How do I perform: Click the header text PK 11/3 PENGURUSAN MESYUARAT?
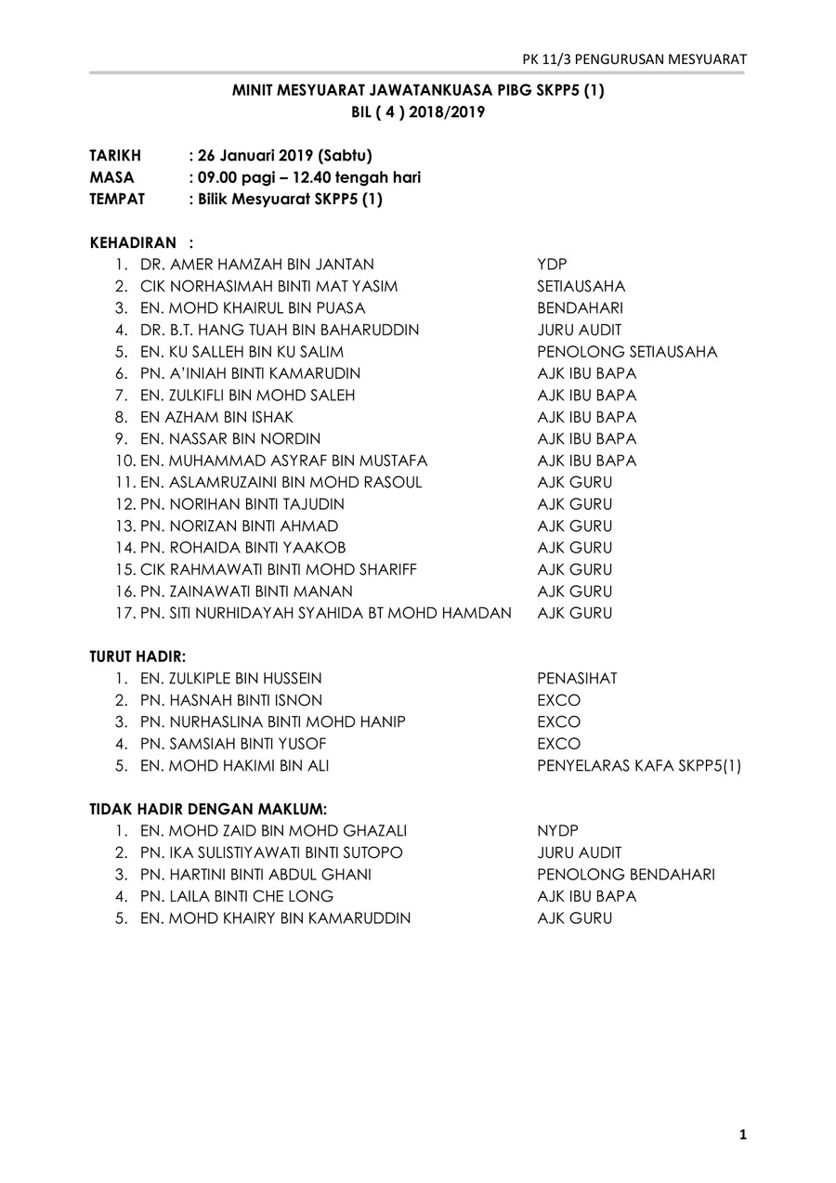[634, 59]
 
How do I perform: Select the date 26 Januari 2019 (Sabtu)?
[285, 155]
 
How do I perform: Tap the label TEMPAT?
[117, 199]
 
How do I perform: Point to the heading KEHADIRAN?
[133, 242]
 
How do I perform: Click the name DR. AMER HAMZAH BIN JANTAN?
[257, 265]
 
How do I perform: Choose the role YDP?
[552, 265]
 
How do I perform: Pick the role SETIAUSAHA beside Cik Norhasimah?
[581, 286]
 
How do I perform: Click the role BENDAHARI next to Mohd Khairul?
[580, 308]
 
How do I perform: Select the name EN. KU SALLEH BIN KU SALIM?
[242, 352]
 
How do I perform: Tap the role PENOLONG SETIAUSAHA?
[627, 352]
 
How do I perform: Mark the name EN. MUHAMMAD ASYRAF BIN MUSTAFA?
[283, 461]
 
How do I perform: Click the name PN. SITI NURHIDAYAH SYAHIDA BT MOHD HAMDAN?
[325, 613]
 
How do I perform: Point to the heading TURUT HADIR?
[137, 656]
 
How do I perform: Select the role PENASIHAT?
[577, 679]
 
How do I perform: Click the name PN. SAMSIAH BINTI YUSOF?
[233, 744]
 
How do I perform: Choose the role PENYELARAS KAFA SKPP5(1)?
[639, 766]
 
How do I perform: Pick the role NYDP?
[557, 831]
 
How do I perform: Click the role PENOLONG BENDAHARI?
[626, 875]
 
